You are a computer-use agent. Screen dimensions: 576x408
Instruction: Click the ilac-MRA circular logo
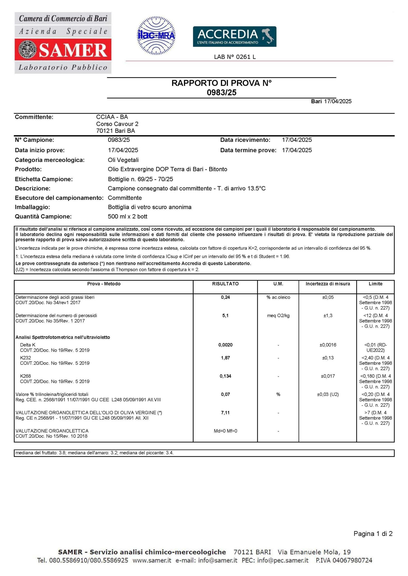(x=156, y=36)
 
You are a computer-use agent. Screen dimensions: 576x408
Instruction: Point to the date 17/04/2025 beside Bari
(x=338, y=101)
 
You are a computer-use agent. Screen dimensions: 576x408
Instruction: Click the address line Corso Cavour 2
(x=117, y=124)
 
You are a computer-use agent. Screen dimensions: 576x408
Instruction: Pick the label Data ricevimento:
(x=245, y=140)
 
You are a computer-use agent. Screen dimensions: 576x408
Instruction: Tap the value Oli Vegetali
(x=123, y=160)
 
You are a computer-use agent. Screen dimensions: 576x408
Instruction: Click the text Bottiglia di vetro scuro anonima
(x=150, y=207)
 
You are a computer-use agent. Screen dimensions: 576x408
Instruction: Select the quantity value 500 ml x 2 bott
(x=127, y=216)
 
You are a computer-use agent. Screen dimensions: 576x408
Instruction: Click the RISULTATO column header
(x=225, y=284)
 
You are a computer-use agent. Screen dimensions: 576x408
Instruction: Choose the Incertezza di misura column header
(x=328, y=284)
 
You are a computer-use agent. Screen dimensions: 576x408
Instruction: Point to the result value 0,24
(x=225, y=297)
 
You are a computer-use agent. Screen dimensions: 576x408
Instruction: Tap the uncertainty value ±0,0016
(x=328, y=345)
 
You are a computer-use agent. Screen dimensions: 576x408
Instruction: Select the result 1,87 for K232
(x=225, y=358)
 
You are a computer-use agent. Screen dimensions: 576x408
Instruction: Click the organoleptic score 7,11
(x=225, y=413)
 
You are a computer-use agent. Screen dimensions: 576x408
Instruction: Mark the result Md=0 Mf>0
(x=225, y=431)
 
